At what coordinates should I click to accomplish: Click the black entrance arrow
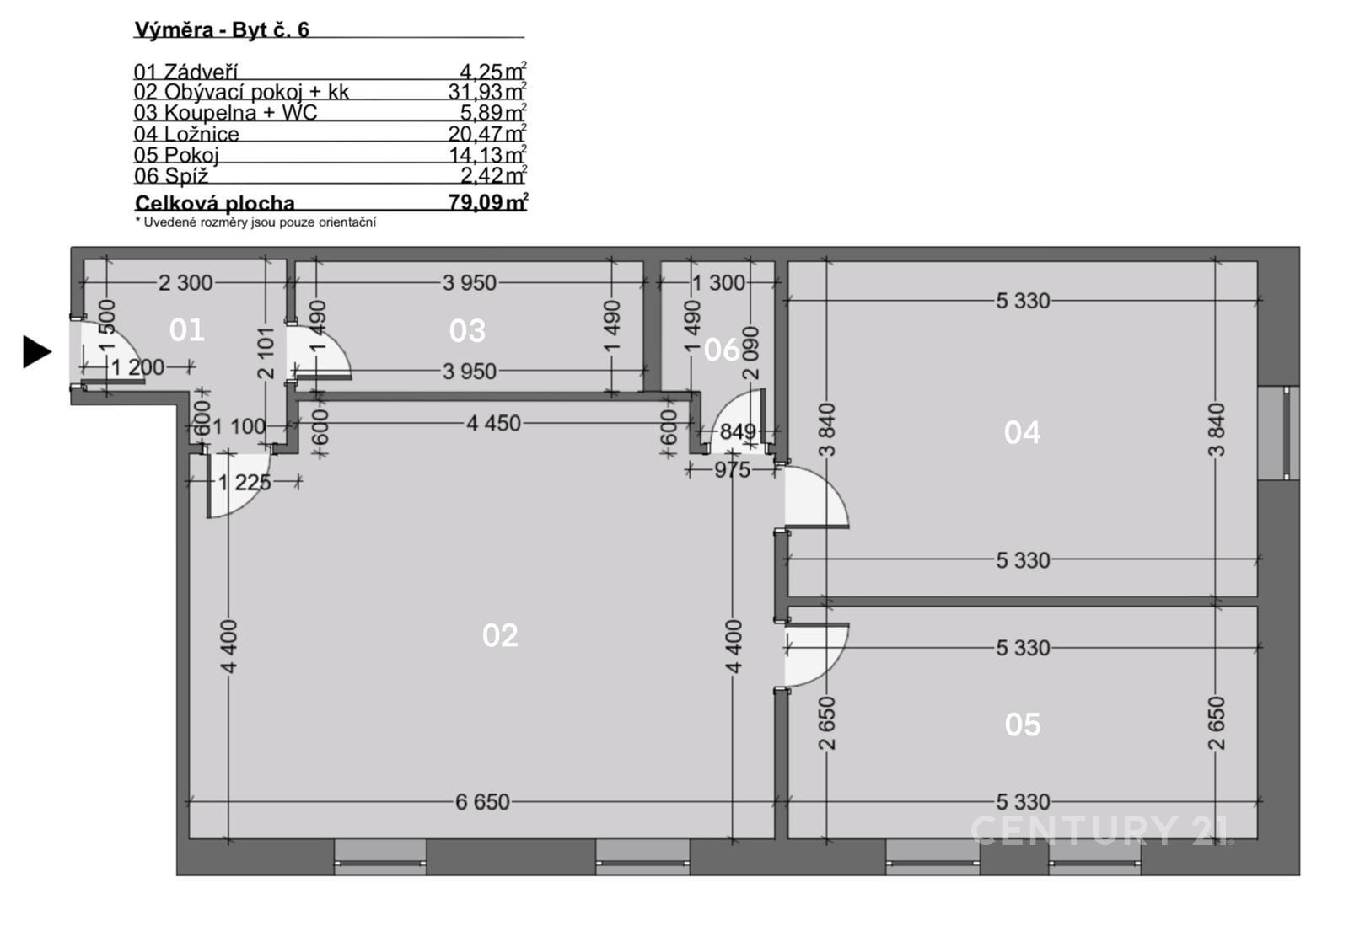(x=37, y=352)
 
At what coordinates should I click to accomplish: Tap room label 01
(x=186, y=329)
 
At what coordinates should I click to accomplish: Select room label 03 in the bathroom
(x=467, y=331)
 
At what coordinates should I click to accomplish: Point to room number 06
(x=722, y=350)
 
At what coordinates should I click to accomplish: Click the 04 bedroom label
(x=1022, y=433)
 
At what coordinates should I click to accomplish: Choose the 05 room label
(x=1023, y=725)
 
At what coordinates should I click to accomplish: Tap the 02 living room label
(x=500, y=635)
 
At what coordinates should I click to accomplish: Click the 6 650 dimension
(x=482, y=802)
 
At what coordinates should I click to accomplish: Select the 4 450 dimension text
(x=493, y=424)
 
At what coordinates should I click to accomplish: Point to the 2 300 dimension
(x=185, y=283)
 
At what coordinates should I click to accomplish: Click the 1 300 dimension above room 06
(x=718, y=283)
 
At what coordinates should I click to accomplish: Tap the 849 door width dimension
(x=738, y=431)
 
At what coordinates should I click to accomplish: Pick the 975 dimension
(x=733, y=469)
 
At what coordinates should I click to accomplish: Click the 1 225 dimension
(x=245, y=483)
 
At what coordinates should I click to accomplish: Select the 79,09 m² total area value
(x=488, y=201)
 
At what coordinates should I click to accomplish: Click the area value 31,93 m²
(x=487, y=91)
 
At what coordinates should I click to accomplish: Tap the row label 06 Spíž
(x=171, y=176)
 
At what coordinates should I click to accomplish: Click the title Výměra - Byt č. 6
(x=222, y=29)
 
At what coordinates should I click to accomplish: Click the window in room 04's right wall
(x=1278, y=433)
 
